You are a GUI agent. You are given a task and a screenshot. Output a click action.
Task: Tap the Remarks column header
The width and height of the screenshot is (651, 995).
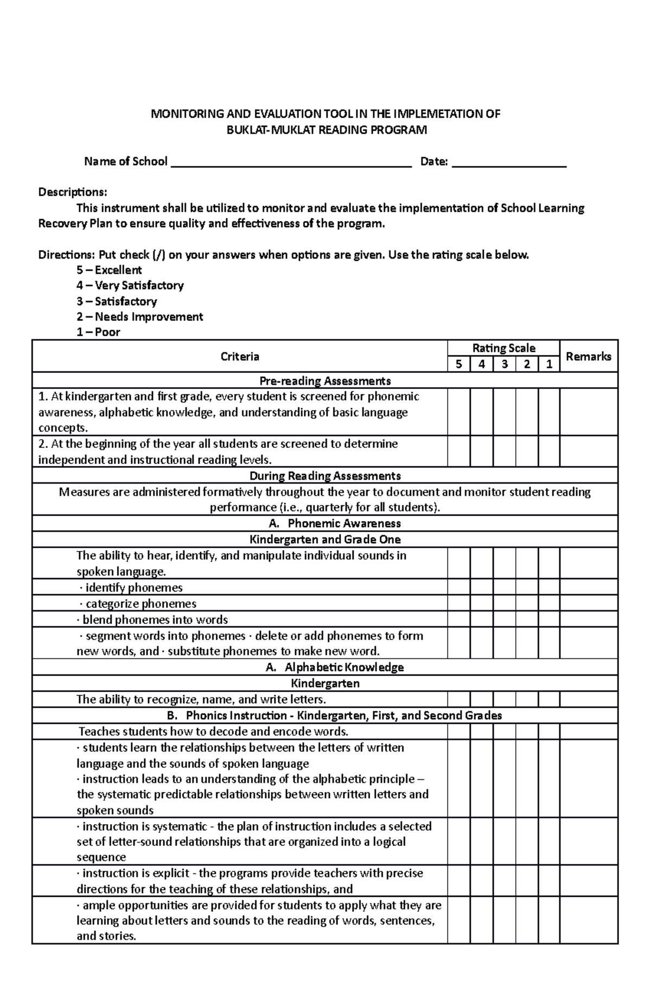coord(588,356)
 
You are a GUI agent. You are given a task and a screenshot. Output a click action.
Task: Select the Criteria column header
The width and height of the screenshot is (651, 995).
coord(240,356)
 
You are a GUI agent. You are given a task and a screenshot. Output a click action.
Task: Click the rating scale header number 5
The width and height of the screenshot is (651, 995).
coord(459,364)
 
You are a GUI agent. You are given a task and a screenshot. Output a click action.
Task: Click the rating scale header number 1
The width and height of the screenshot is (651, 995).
coord(549,364)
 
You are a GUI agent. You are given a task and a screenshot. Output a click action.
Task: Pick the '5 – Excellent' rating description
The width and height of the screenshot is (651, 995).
coord(109,270)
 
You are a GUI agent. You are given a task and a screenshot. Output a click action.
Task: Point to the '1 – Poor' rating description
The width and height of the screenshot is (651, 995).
coord(98,332)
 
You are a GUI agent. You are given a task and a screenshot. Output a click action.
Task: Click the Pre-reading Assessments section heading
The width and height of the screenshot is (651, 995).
coord(325,381)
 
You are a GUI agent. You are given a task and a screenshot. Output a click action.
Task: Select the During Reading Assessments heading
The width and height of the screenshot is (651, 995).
coord(325,476)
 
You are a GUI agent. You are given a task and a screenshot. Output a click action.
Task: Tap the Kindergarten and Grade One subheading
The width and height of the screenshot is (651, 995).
coord(325,540)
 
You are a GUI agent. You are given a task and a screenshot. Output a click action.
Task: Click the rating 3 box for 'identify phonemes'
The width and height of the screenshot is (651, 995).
coord(505,588)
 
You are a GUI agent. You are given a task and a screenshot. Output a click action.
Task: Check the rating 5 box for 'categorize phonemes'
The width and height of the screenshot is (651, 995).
coord(459,604)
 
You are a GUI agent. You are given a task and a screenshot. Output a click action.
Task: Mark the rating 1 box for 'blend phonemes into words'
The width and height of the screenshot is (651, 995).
coord(549,620)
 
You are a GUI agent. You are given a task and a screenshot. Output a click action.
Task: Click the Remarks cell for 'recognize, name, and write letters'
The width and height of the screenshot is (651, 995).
coord(588,699)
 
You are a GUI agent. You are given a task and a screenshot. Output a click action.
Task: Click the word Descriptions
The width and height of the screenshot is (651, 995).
coord(73,192)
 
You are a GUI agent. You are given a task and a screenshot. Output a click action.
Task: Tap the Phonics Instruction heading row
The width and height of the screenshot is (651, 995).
coord(335,715)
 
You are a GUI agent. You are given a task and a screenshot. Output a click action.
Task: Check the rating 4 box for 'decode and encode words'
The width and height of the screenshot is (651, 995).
coord(482,731)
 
